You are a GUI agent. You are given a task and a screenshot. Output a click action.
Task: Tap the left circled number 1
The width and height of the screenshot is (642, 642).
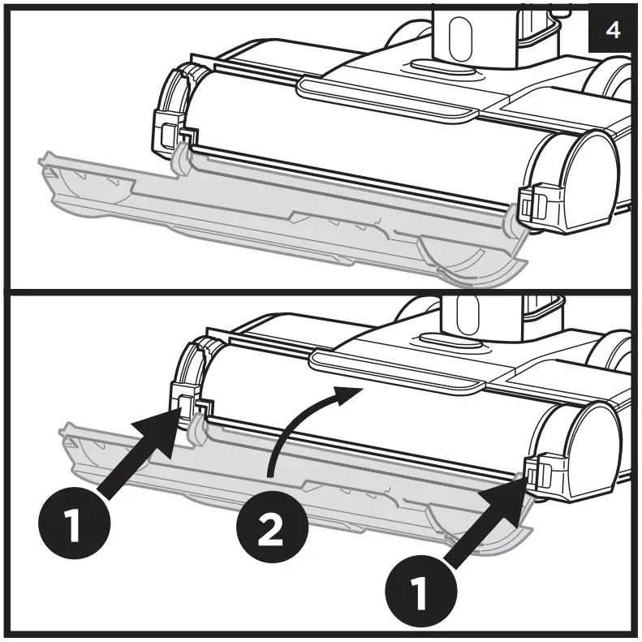[73, 524]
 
